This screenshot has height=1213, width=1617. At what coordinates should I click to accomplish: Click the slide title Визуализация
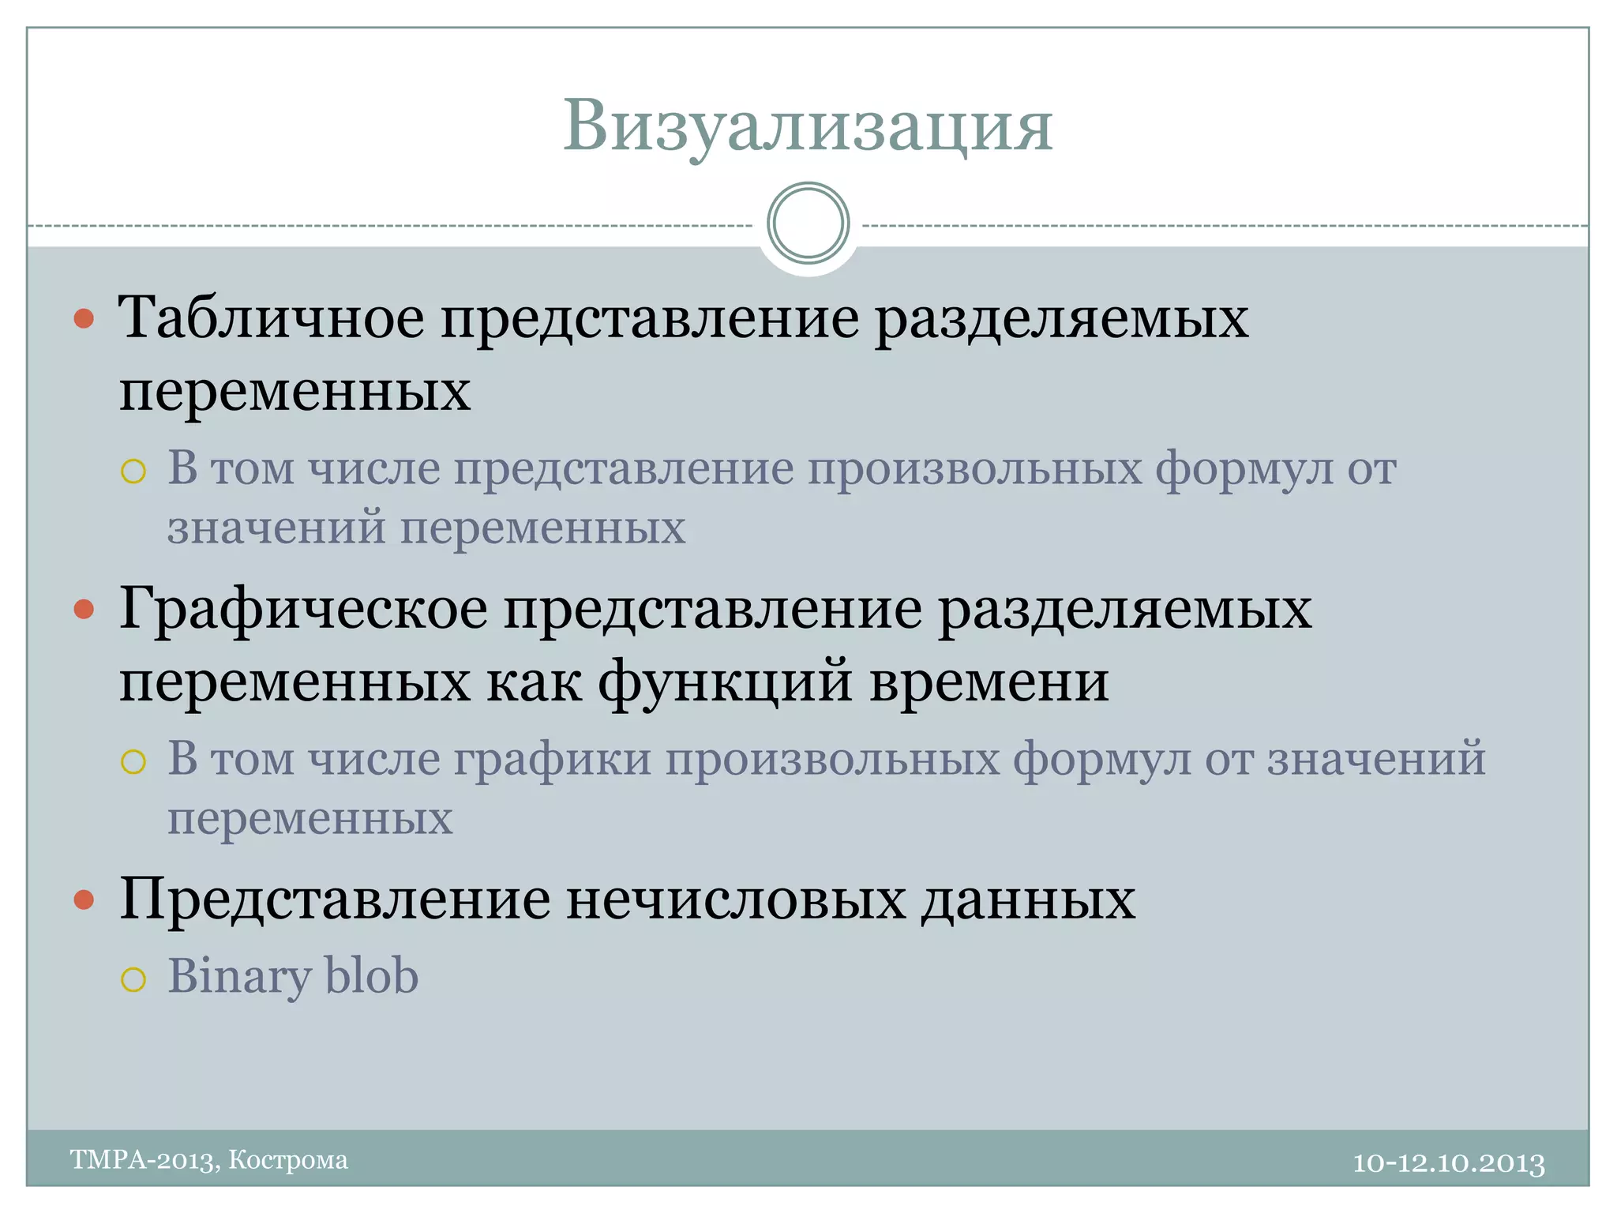[x=808, y=126]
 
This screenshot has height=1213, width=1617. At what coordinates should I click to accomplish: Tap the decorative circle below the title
[x=808, y=223]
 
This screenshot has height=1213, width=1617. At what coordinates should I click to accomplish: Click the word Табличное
[x=271, y=318]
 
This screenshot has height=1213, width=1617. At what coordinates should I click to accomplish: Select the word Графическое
[x=303, y=610]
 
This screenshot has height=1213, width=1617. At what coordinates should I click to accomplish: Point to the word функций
[x=725, y=682]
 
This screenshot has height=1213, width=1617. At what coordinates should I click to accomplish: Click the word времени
[x=989, y=682]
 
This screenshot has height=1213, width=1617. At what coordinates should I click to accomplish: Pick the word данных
[x=1028, y=899]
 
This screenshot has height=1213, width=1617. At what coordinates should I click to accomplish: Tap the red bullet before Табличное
[x=84, y=319]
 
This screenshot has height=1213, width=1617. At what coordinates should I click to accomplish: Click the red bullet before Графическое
[x=84, y=610]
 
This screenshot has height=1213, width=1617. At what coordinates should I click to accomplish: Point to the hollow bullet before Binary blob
[x=133, y=979]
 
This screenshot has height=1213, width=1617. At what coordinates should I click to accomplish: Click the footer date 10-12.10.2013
[x=1448, y=1163]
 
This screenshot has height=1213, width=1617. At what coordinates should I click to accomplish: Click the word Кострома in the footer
[x=288, y=1160]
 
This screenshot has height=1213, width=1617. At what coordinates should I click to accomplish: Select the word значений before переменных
[x=276, y=528]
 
